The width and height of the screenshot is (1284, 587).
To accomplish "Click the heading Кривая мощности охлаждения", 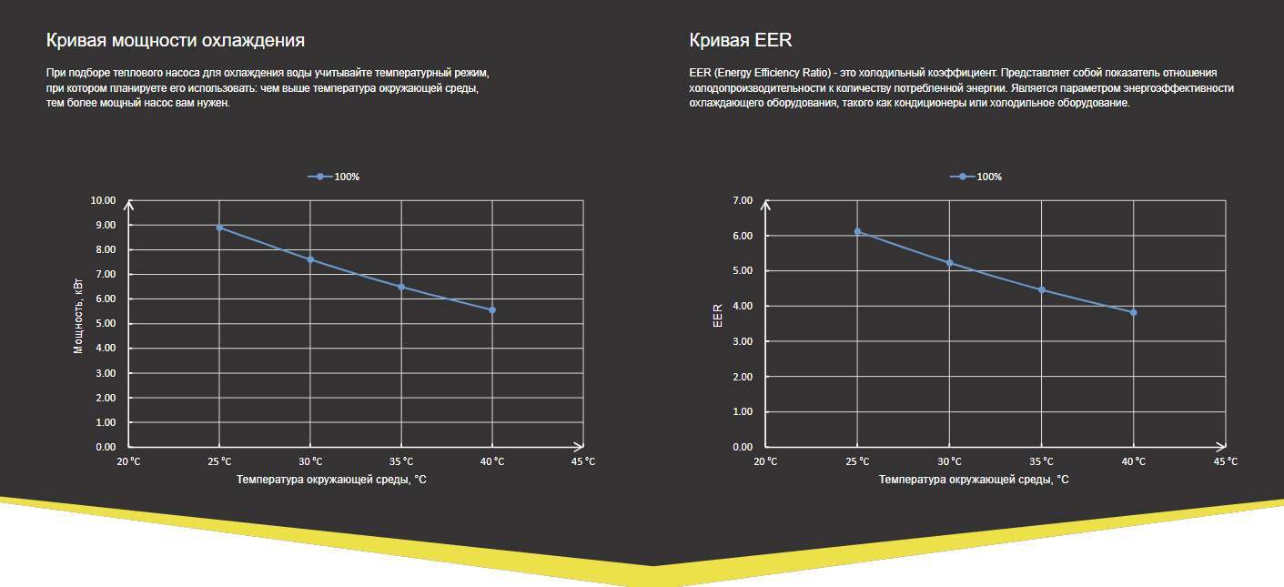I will pyautogui.click(x=176, y=41).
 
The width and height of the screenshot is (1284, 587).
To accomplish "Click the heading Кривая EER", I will pyautogui.click(x=741, y=41).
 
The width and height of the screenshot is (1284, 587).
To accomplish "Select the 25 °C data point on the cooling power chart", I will pyautogui.click(x=219, y=228).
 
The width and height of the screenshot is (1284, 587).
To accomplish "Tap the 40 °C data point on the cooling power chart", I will pyautogui.click(x=492, y=310).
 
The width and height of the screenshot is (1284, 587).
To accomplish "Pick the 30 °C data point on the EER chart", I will pyautogui.click(x=950, y=263).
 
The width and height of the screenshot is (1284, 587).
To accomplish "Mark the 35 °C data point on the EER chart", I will pyautogui.click(x=1042, y=290).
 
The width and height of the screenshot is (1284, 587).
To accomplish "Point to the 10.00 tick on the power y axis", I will pyautogui.click(x=104, y=200).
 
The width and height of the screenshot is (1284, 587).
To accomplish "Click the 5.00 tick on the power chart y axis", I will pyautogui.click(x=104, y=324).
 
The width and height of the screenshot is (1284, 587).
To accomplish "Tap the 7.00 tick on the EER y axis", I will pyautogui.click(x=743, y=200).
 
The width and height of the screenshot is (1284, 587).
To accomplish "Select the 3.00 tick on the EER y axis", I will pyautogui.click(x=743, y=341).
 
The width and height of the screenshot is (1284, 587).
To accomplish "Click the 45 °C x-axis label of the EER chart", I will pyautogui.click(x=1226, y=461).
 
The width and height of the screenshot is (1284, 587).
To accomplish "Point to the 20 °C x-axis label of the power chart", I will pyautogui.click(x=128, y=461).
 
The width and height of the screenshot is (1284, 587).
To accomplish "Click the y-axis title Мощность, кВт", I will pyautogui.click(x=78, y=316).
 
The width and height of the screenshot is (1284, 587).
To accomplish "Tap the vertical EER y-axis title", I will pyautogui.click(x=718, y=315).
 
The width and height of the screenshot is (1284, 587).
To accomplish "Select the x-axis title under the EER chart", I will pyautogui.click(x=974, y=479).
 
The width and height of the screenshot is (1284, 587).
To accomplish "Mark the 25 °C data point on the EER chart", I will pyautogui.click(x=857, y=231).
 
